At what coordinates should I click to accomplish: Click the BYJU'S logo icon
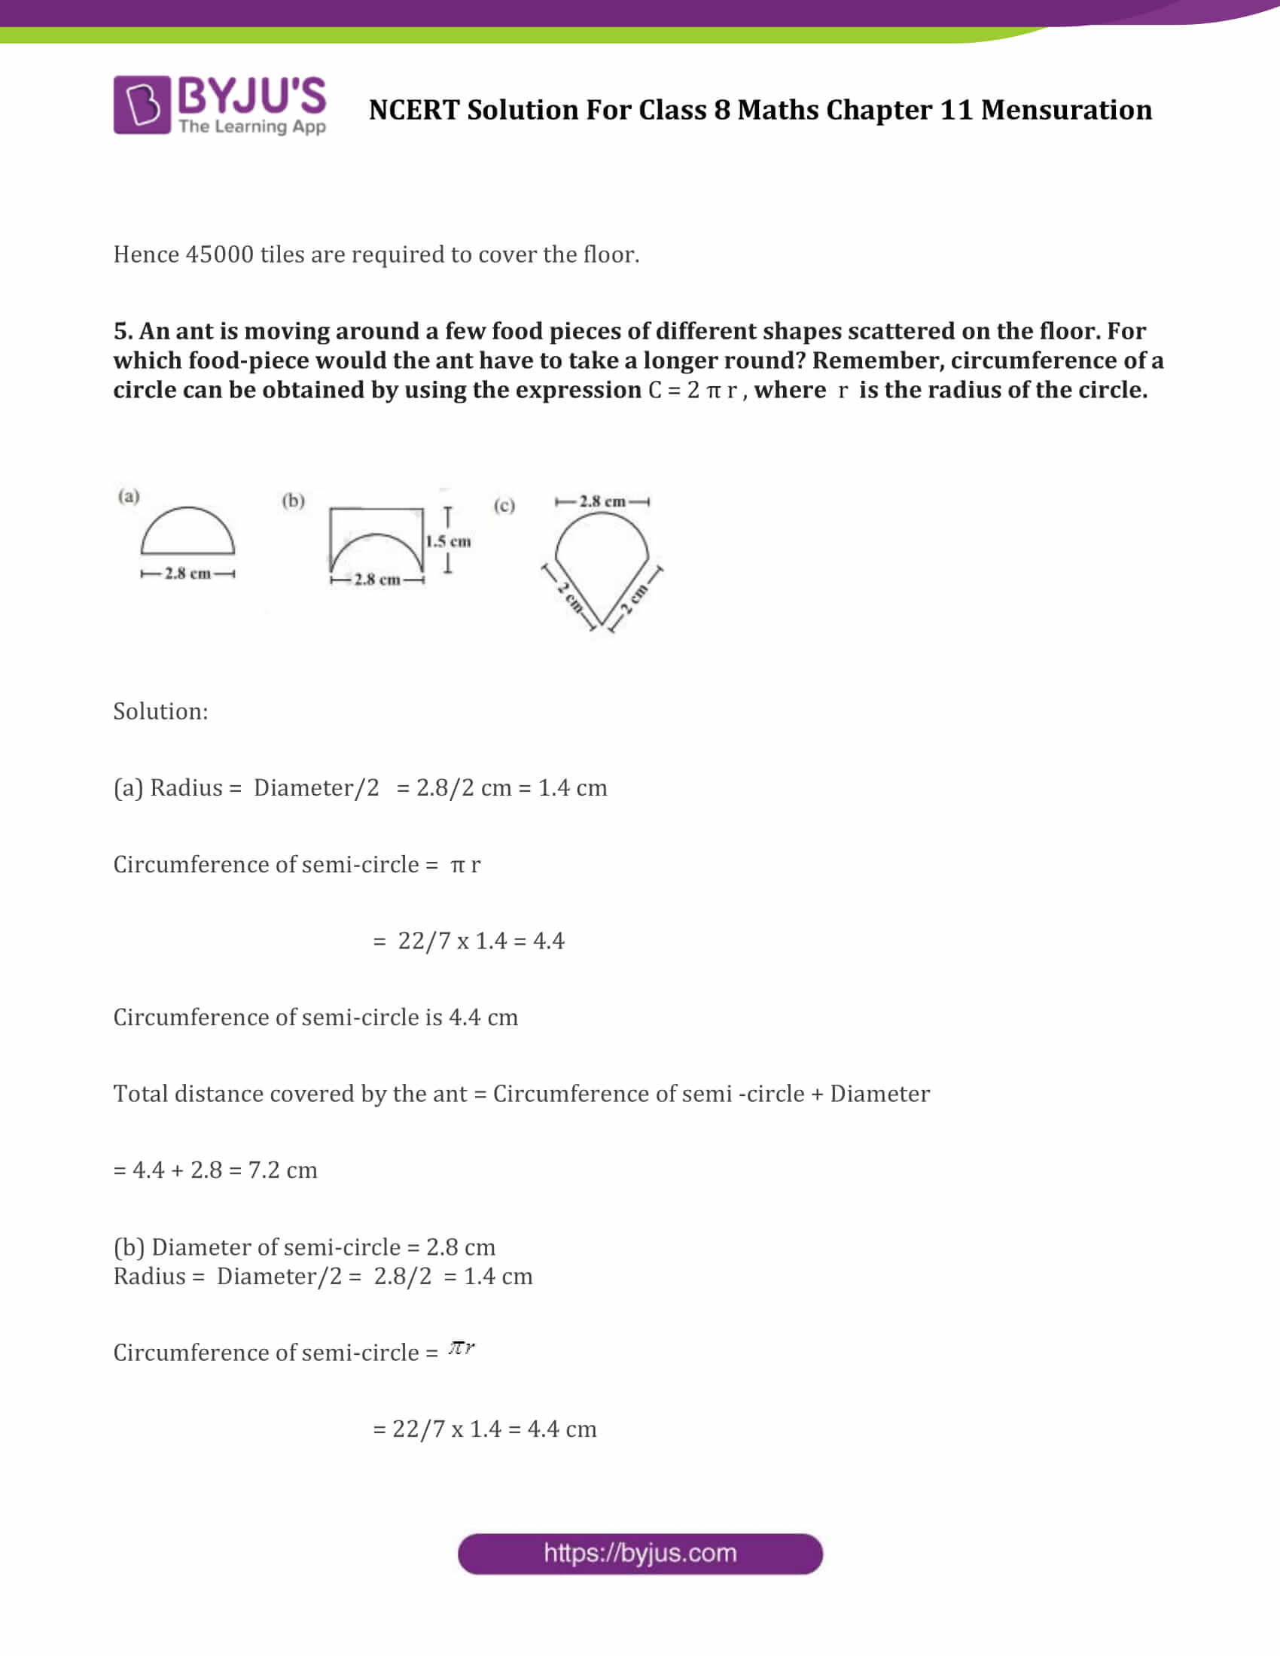pyautogui.click(x=142, y=105)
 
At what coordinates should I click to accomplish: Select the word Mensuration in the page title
pyautogui.click(x=1066, y=111)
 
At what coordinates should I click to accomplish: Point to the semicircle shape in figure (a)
pyautogui.click(x=187, y=531)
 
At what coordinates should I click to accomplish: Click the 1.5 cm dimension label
pyautogui.click(x=448, y=541)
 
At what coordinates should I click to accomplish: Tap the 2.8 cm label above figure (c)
pyautogui.click(x=602, y=501)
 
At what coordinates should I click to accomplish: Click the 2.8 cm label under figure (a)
pyautogui.click(x=187, y=574)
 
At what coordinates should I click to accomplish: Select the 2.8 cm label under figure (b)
pyautogui.click(x=377, y=580)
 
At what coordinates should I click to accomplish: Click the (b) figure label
pyautogui.click(x=294, y=501)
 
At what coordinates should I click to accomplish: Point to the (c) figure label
pyautogui.click(x=504, y=505)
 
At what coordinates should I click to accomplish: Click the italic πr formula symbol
pyautogui.click(x=461, y=1347)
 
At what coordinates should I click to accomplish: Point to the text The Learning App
pyautogui.click(x=251, y=126)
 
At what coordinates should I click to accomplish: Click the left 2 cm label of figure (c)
pyautogui.click(x=570, y=598)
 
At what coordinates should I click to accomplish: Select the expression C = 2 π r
pyautogui.click(x=692, y=391)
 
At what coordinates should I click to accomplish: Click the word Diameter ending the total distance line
pyautogui.click(x=879, y=1094)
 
